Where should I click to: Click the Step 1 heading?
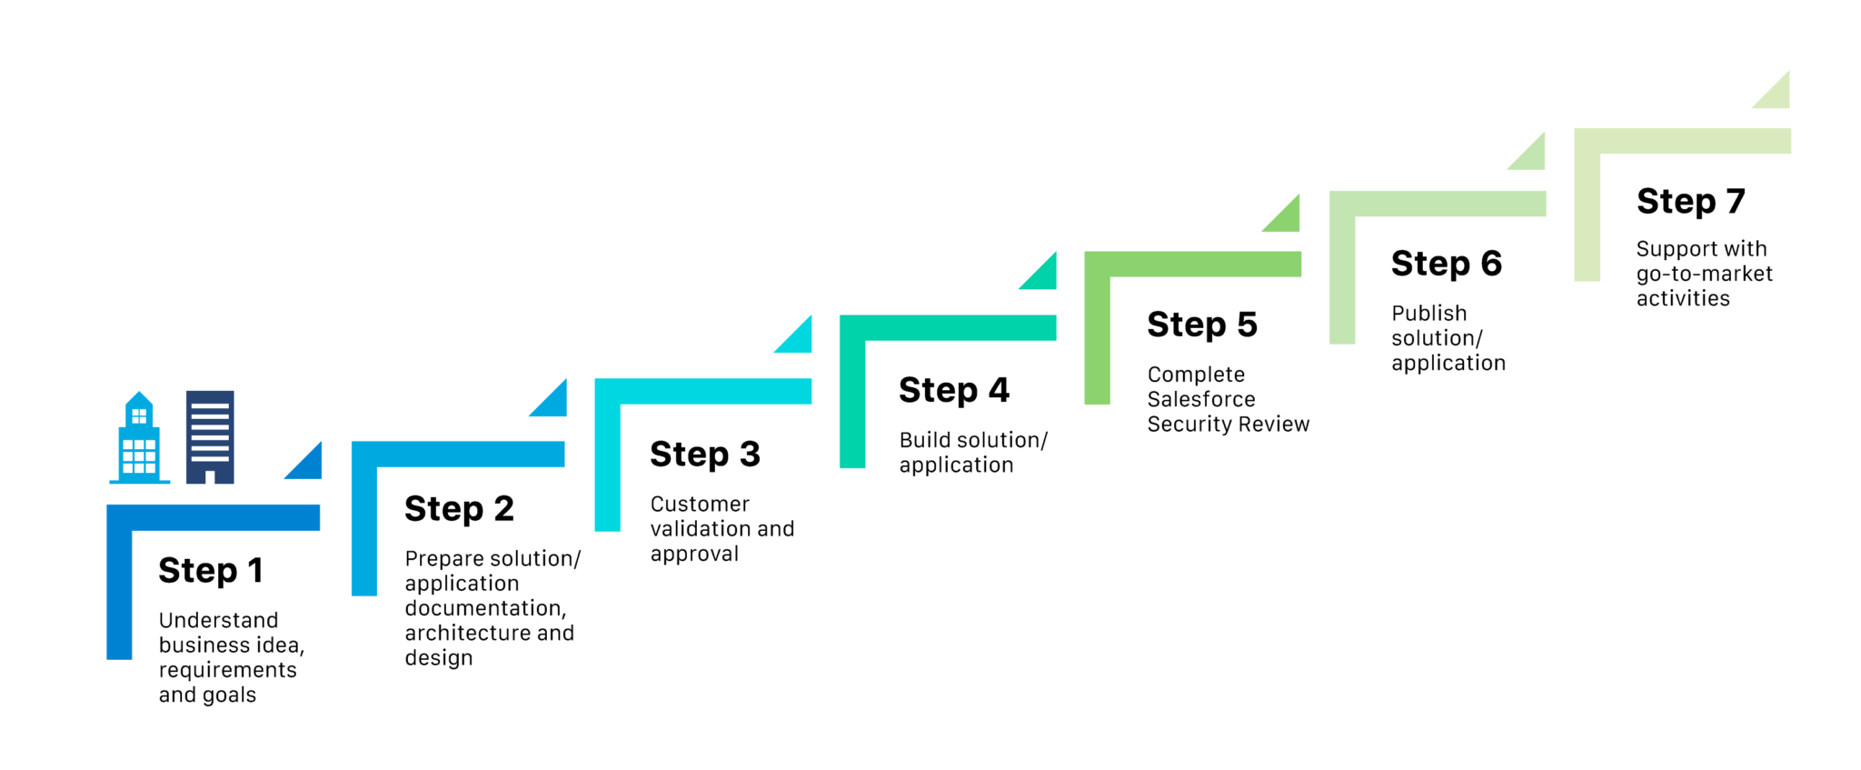(211, 571)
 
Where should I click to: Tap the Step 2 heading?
(459, 509)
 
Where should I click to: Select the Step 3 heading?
(705, 455)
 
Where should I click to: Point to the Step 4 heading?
(954, 391)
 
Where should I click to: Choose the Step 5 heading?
(1202, 325)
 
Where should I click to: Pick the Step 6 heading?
(1447, 264)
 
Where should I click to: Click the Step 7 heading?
(1691, 201)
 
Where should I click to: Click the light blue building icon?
(139, 437)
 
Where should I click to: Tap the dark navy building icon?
(210, 437)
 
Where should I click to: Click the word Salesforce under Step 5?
(1201, 399)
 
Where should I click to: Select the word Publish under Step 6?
(1429, 313)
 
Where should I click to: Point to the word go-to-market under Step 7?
(1705, 274)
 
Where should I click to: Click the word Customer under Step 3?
(700, 504)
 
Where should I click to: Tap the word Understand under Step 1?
(219, 620)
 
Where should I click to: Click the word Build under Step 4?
(923, 440)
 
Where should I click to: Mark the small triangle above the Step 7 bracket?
(1777, 95)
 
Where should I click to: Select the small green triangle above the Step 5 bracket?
(1287, 218)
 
